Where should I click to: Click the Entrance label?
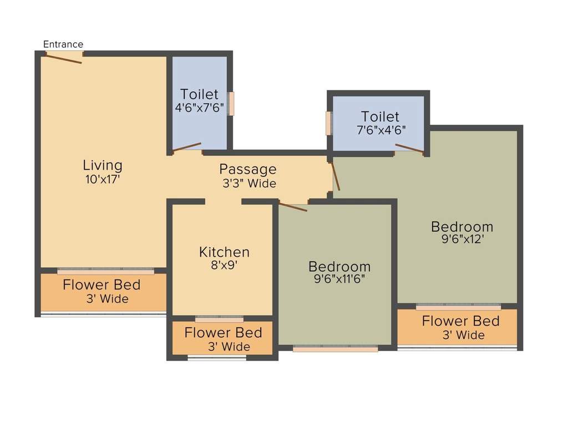pyautogui.click(x=63, y=44)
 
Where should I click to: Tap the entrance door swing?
pyautogui.click(x=64, y=58)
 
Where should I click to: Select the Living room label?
pyautogui.click(x=103, y=165)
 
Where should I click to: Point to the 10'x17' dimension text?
pyautogui.click(x=103, y=179)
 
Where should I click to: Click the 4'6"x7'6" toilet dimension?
pyautogui.click(x=200, y=108)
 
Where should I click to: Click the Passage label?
pyautogui.click(x=247, y=169)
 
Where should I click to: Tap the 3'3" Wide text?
pyautogui.click(x=249, y=183)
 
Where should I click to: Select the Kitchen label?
pyautogui.click(x=224, y=252)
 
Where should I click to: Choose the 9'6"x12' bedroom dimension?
pyautogui.click(x=462, y=240)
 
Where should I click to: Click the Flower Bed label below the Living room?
pyautogui.click(x=102, y=285)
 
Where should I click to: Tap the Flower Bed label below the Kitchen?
pyautogui.click(x=223, y=333)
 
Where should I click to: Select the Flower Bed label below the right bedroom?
pyautogui.click(x=460, y=321)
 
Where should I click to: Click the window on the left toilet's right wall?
pyautogui.click(x=231, y=104)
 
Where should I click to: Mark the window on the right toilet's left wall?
pyautogui.click(x=328, y=123)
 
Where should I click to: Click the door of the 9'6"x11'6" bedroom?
pyautogui.click(x=293, y=207)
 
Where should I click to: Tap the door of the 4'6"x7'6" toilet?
pyautogui.click(x=187, y=147)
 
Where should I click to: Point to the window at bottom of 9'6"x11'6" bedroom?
pyautogui.click(x=336, y=349)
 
